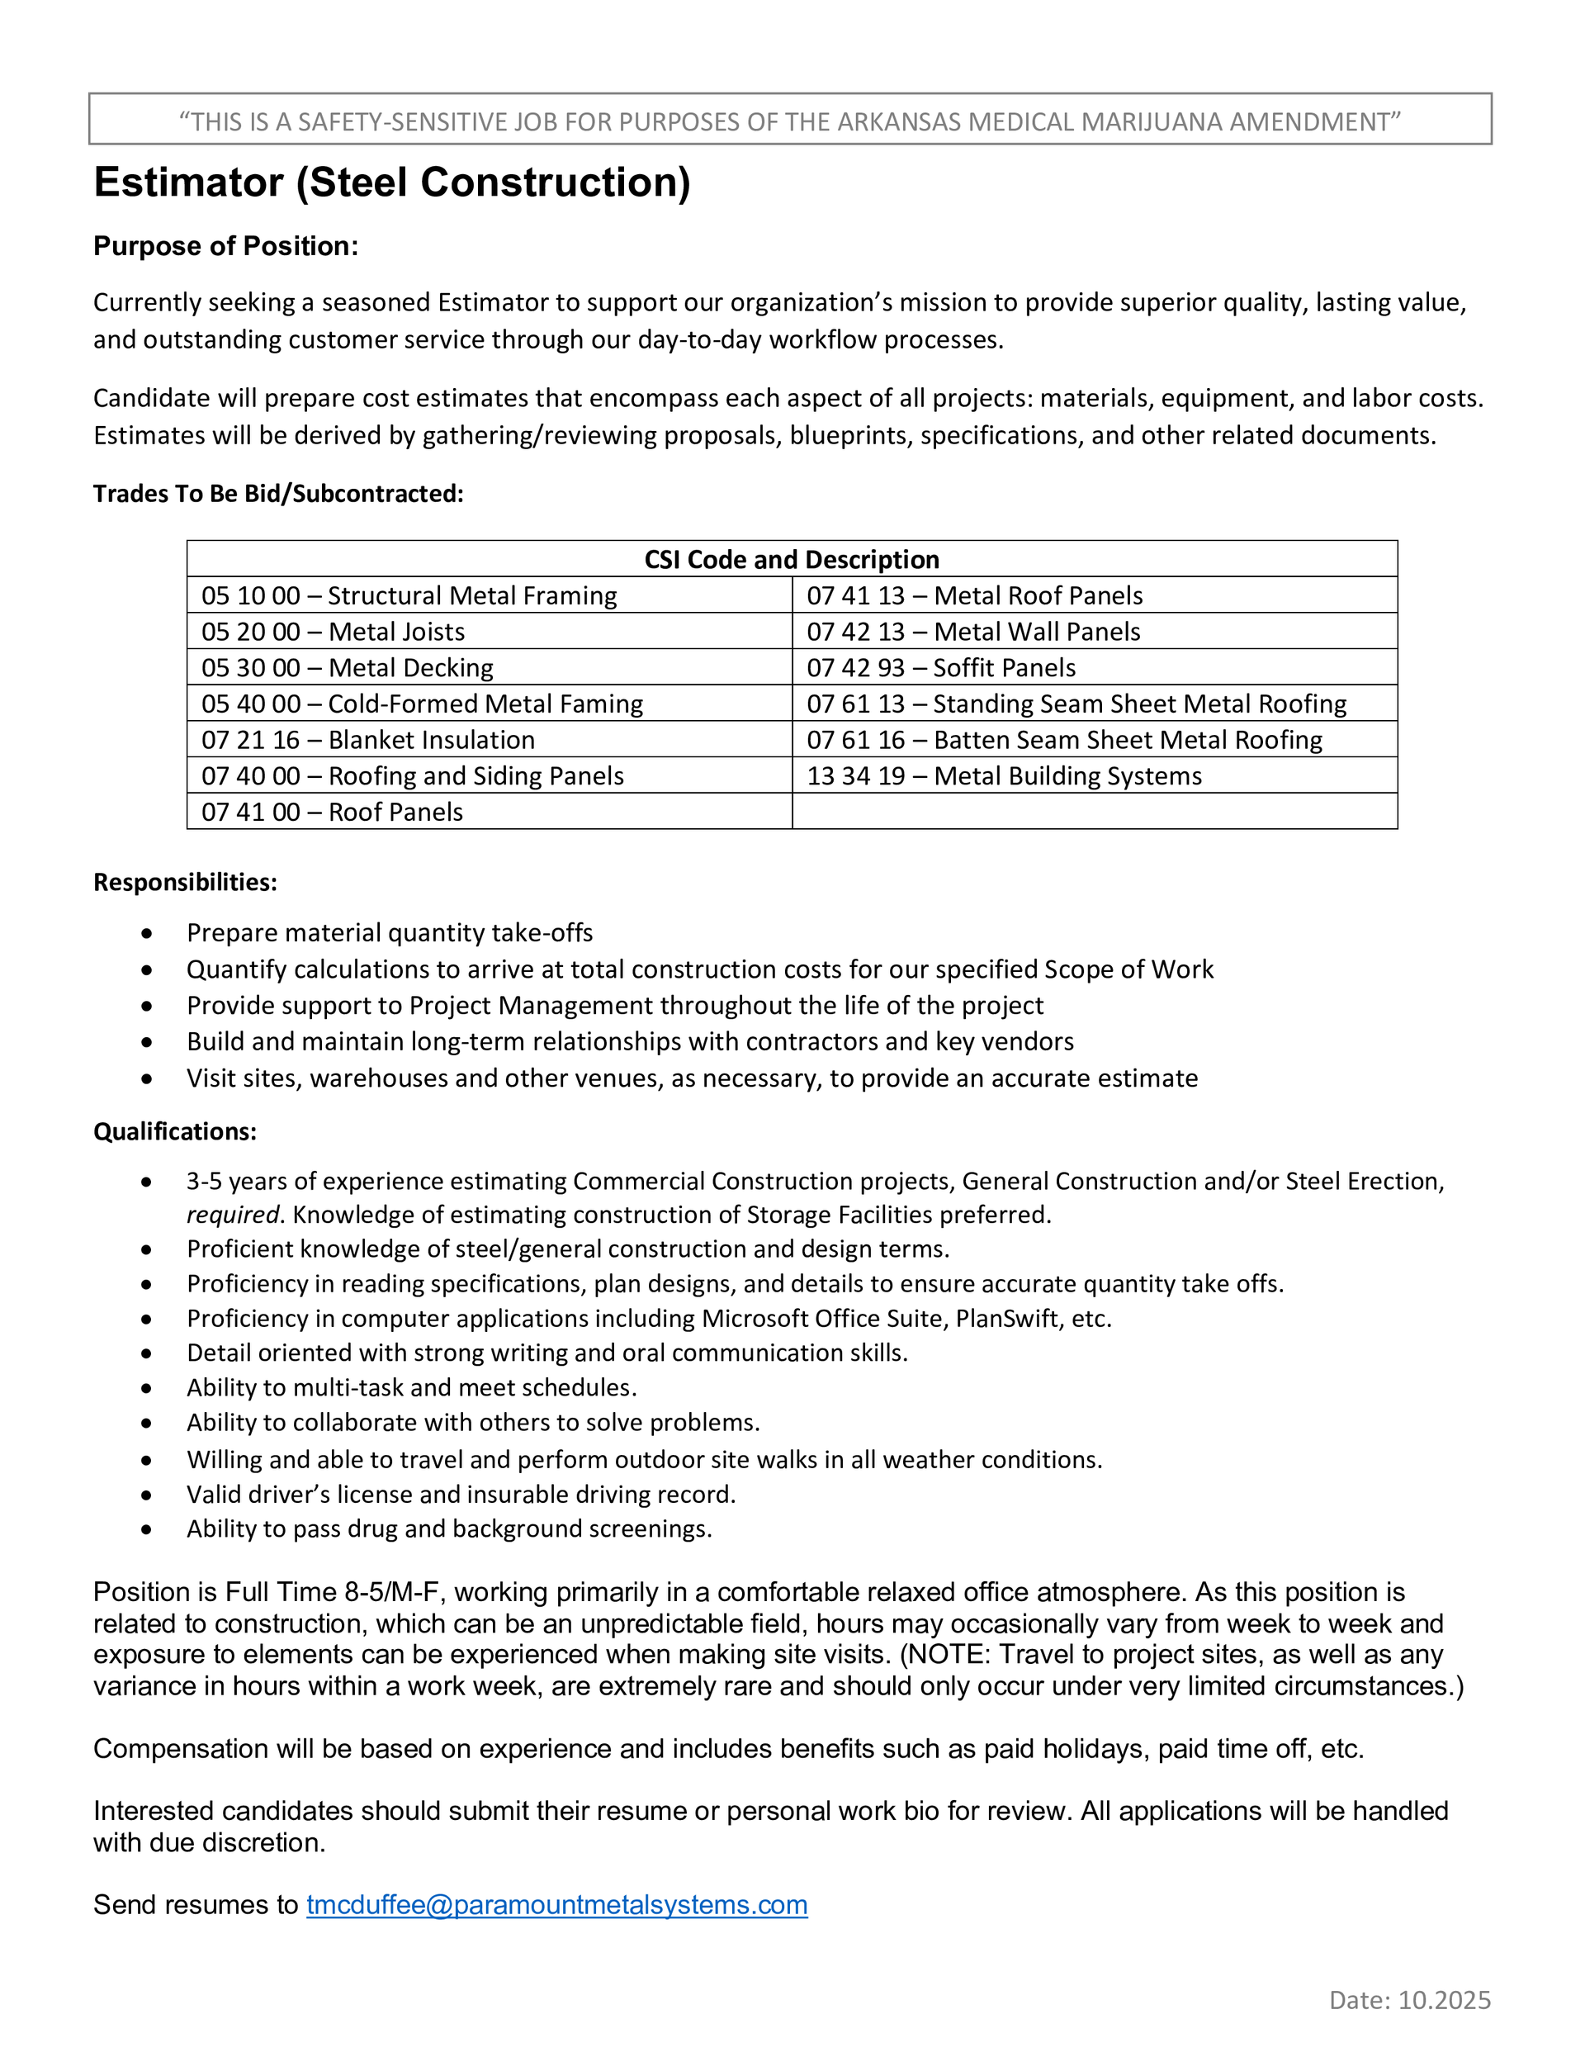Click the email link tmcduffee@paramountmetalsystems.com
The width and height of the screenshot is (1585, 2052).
[556, 1904]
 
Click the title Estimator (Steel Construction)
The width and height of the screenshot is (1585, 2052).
[392, 182]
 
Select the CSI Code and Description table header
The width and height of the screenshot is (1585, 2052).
[791, 559]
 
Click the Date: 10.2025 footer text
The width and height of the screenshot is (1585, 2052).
[1409, 1999]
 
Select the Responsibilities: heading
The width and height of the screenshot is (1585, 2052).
[185, 882]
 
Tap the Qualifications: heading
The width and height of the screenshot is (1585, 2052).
[175, 1131]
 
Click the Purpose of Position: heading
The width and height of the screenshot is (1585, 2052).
[225, 246]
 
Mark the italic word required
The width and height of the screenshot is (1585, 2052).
[232, 1215]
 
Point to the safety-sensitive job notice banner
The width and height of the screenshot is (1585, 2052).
[790, 121]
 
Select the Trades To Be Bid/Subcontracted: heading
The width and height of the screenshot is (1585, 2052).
[278, 493]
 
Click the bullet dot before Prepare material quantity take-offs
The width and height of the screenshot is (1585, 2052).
[147, 933]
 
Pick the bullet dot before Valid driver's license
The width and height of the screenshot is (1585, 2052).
[147, 1494]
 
